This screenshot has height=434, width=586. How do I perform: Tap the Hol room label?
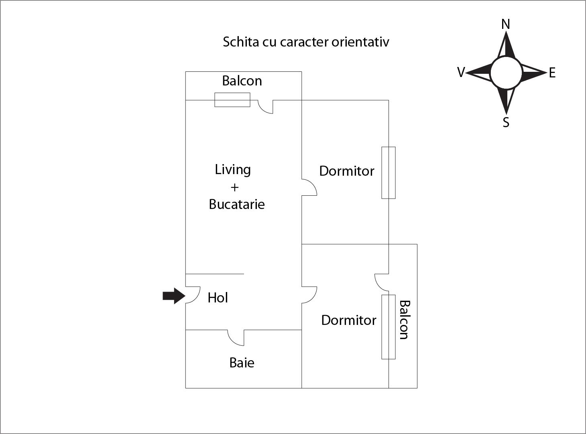tap(218, 298)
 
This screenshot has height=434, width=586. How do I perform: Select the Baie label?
tap(242, 363)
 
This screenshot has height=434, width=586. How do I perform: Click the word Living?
tap(233, 170)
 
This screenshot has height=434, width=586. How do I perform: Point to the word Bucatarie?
tap(237, 204)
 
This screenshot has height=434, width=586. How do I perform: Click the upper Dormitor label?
tap(347, 171)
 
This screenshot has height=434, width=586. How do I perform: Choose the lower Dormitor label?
tap(349, 320)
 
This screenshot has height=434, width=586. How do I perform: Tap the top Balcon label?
tap(242, 81)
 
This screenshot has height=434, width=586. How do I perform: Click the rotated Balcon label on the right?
tap(404, 320)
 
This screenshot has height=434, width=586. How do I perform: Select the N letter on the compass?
tap(506, 24)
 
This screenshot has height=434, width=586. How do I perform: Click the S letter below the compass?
tap(506, 122)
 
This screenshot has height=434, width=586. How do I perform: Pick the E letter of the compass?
tap(552, 73)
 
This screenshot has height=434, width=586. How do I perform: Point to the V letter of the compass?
tap(461, 73)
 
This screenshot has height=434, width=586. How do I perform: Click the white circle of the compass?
tap(506, 73)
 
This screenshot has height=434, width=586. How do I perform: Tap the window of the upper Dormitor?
tap(389, 172)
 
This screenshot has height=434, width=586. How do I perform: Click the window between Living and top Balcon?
tap(232, 99)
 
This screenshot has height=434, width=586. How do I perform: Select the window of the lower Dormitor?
tap(389, 327)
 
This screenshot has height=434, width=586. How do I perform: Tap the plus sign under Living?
tap(234, 187)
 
